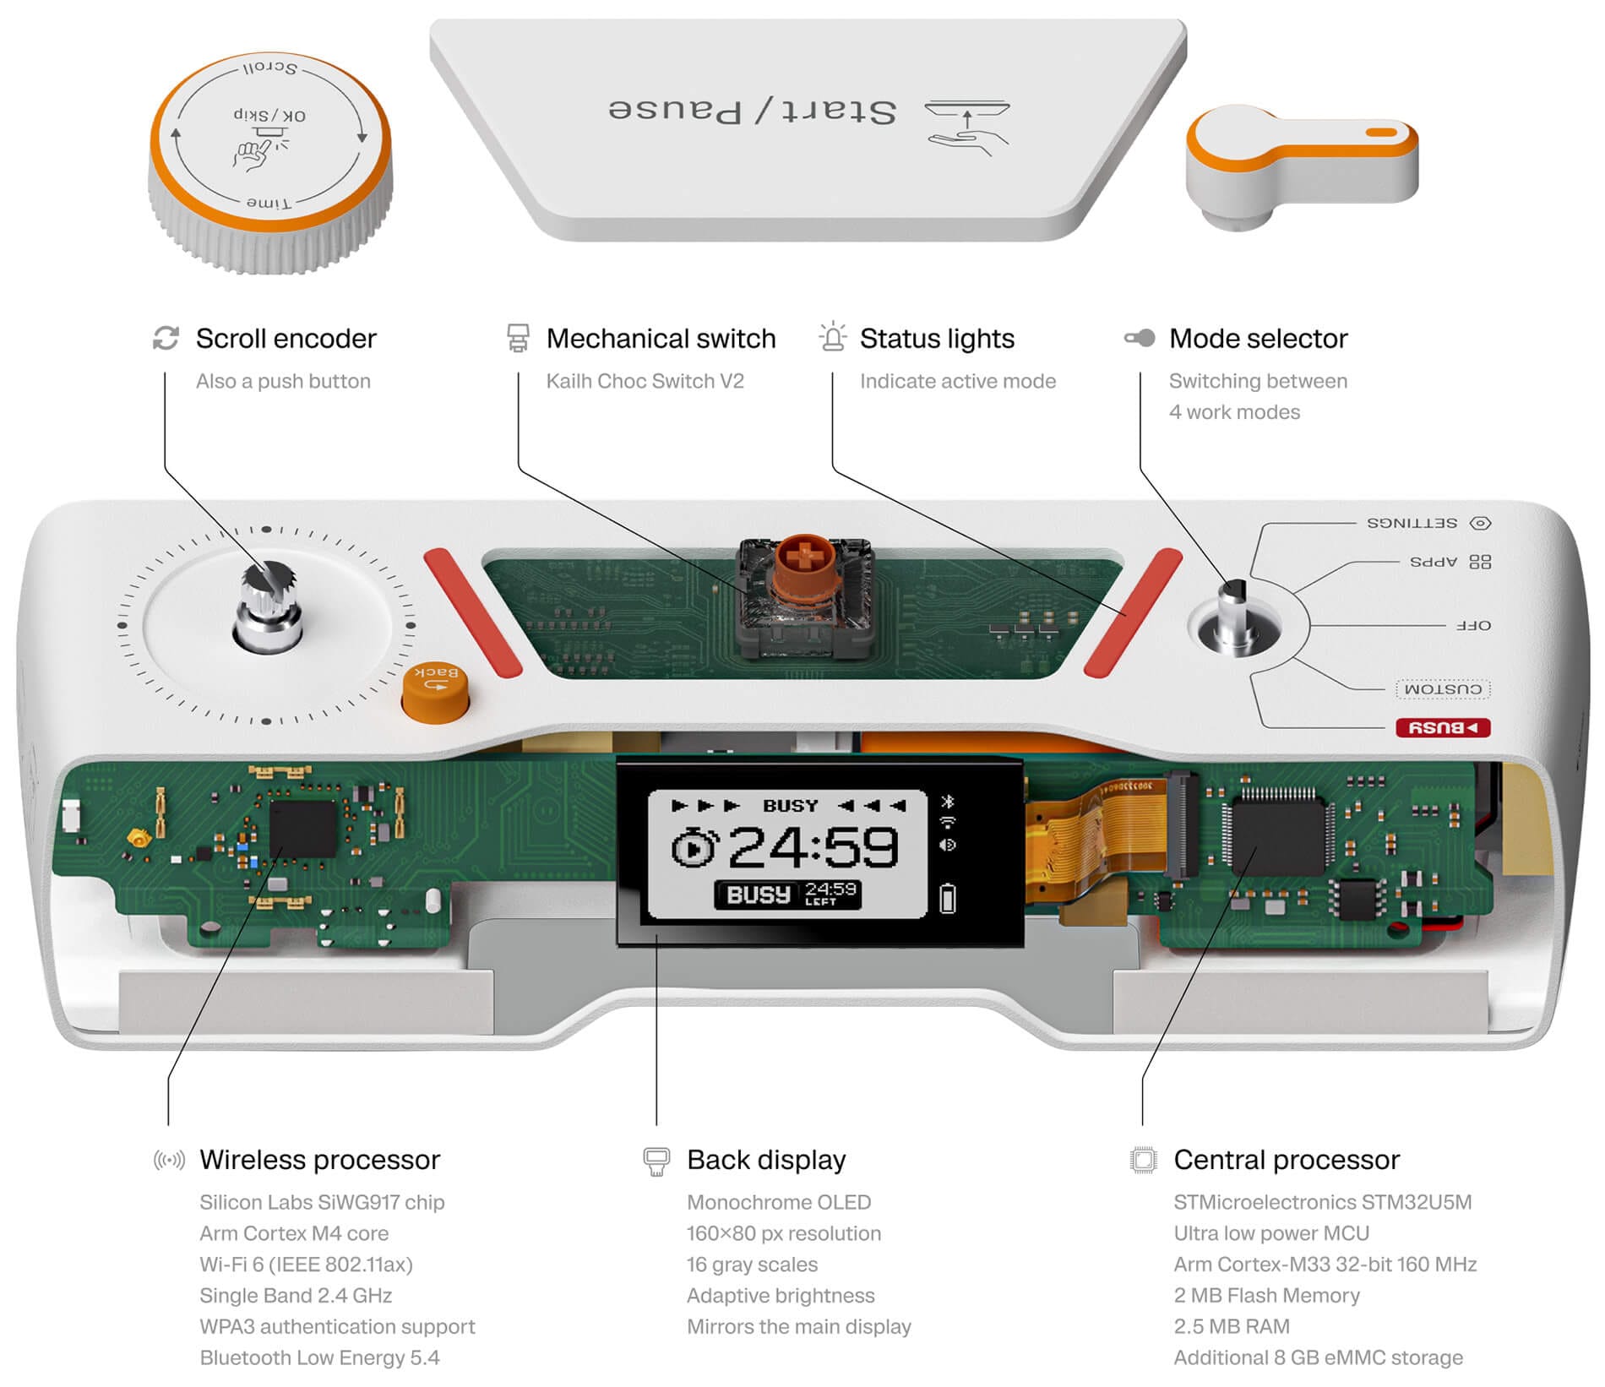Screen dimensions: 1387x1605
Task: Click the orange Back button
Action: [435, 691]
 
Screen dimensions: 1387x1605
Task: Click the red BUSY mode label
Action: [1443, 727]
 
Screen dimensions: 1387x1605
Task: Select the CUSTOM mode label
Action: [1443, 689]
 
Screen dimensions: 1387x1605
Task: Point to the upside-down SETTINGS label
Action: [1412, 523]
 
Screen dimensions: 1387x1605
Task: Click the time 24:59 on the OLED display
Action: [812, 847]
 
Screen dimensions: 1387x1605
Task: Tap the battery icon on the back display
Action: [948, 898]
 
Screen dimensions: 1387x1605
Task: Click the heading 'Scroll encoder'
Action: [286, 339]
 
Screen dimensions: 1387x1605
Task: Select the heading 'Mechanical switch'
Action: [661, 339]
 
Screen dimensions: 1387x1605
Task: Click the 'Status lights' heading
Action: [937, 339]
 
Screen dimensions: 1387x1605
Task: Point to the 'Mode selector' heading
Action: [1258, 339]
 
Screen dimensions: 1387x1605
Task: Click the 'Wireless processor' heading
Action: [319, 1160]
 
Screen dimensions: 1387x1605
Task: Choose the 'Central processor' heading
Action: [1286, 1160]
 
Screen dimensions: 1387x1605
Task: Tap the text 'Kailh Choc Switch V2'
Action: [645, 381]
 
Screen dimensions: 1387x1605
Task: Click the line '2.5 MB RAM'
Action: [1231, 1326]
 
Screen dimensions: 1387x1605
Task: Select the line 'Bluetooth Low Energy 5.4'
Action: [319, 1357]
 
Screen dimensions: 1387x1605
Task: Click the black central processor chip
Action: [1277, 837]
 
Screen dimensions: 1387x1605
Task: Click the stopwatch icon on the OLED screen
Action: [694, 847]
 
